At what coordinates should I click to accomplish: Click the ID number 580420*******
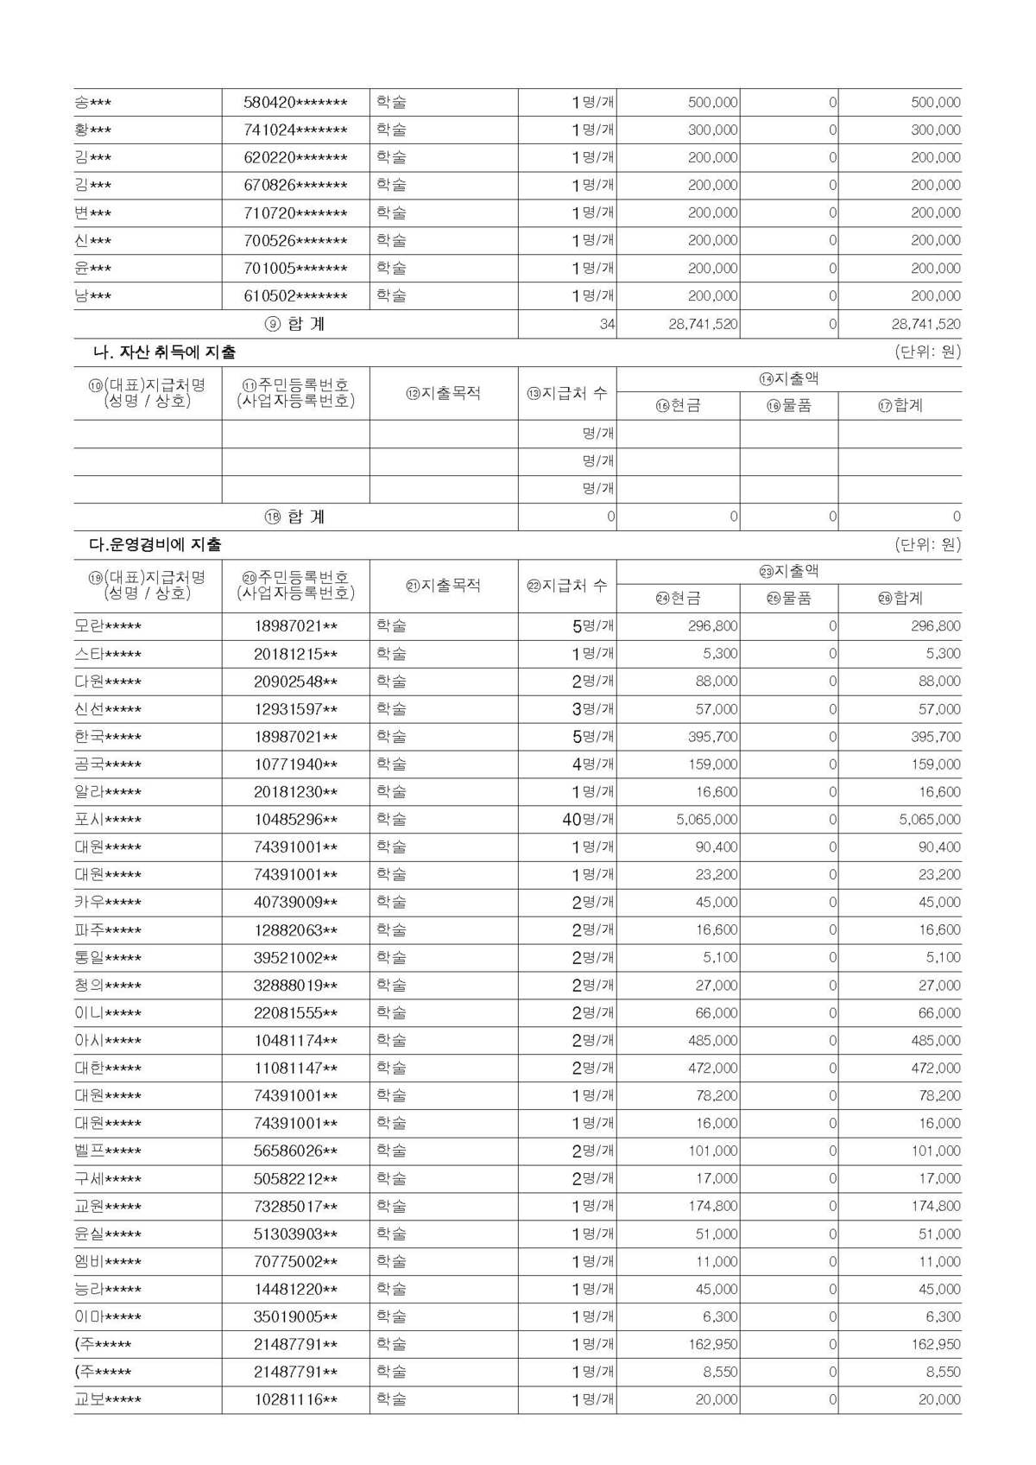click(x=295, y=103)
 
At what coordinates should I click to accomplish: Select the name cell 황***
click(x=93, y=130)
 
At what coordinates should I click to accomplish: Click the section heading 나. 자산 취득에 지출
click(x=164, y=352)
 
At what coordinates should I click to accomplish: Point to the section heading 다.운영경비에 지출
click(x=155, y=545)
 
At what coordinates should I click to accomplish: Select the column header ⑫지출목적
click(x=443, y=393)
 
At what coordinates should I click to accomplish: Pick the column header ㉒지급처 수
click(x=566, y=586)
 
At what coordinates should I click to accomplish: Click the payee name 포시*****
click(x=108, y=820)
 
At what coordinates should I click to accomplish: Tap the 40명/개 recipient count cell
click(x=588, y=820)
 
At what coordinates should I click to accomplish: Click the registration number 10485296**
click(x=295, y=820)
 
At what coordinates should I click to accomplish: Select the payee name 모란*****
click(x=108, y=626)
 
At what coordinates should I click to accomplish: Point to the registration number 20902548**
click(x=295, y=682)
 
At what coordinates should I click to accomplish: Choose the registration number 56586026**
click(x=295, y=1151)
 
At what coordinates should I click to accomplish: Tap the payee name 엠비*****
click(x=108, y=1262)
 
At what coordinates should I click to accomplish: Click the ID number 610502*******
click(x=295, y=296)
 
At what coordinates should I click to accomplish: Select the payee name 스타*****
click(x=108, y=654)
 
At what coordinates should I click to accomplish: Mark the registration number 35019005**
click(x=295, y=1317)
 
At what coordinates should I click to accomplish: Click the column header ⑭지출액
click(x=788, y=379)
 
